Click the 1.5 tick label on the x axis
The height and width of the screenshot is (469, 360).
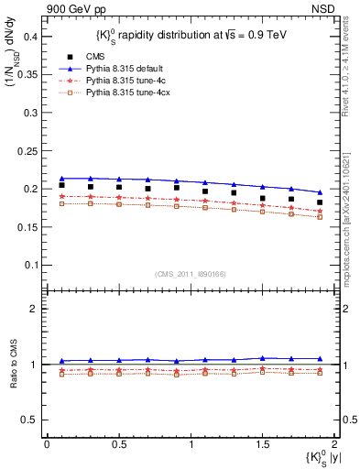click(262, 444)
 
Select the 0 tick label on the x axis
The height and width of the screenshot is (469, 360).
click(48, 444)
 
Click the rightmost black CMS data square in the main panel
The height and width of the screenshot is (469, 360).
click(320, 202)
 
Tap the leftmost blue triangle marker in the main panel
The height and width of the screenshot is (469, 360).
click(61, 179)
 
